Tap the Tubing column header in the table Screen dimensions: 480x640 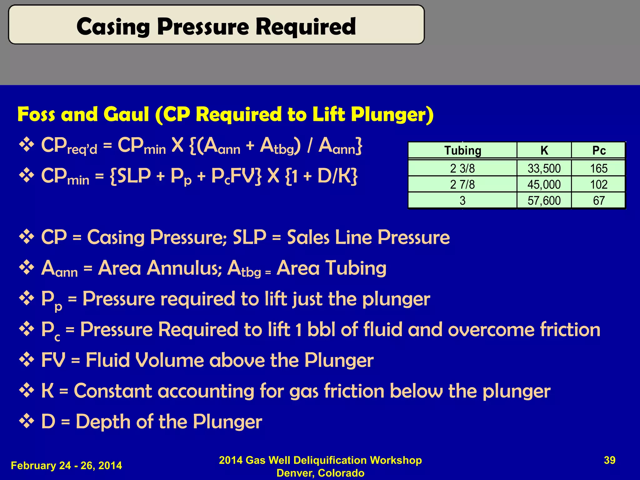pos(462,151)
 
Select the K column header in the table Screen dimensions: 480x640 pos(544,151)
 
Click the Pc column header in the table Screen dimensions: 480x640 pos(599,151)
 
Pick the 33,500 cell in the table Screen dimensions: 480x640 pos(544,169)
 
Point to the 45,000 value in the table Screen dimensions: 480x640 pos(544,185)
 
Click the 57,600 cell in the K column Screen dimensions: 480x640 pos(544,201)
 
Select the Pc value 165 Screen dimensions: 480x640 pos(599,169)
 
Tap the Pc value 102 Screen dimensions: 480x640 pos(599,185)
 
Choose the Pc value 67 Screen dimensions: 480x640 pos(599,201)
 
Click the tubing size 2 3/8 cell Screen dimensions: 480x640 pos(462,169)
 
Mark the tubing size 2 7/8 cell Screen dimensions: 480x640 pos(462,185)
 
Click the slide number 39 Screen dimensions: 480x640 pos(609,460)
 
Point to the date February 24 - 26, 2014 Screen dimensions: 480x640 pos(66,466)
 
